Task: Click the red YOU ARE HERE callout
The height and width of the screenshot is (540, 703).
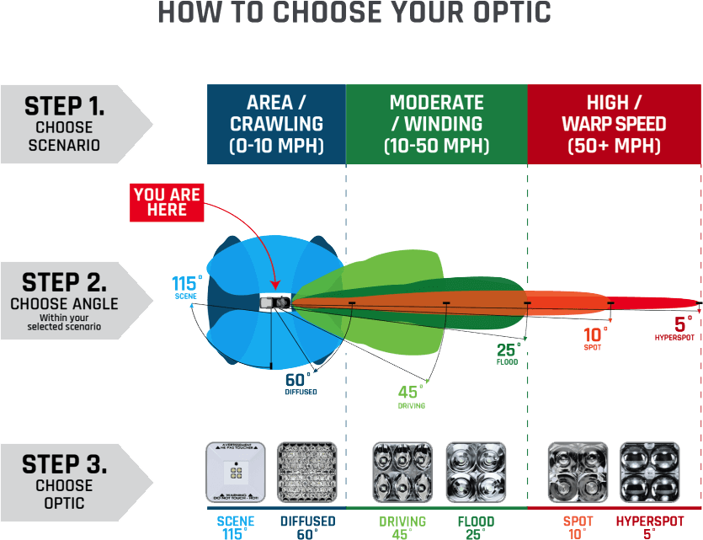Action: (167, 202)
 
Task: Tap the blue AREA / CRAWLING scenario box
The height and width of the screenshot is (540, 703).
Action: (276, 124)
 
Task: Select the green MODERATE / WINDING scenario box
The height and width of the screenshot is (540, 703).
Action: (436, 124)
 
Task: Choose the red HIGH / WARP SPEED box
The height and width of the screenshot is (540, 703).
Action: (614, 124)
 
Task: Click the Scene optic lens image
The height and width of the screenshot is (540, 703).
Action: (236, 472)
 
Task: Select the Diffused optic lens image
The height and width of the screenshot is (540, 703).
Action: (306, 472)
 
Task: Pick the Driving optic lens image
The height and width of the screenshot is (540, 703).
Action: (402, 472)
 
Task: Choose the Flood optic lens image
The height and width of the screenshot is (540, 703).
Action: (476, 472)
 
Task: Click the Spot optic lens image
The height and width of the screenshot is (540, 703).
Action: (578, 472)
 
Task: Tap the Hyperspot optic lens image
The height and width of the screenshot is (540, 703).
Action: (649, 472)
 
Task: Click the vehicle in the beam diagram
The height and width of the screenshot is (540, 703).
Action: (276, 302)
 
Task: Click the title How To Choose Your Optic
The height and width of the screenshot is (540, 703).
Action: (354, 13)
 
